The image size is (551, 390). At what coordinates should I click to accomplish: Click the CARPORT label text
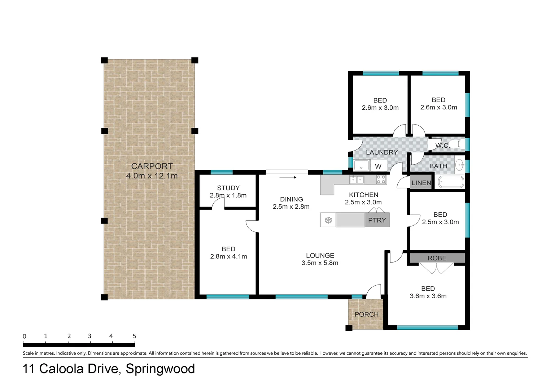[x=152, y=166]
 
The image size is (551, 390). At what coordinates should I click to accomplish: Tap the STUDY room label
[x=228, y=188]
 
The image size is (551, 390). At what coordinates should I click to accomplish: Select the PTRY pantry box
[x=377, y=220]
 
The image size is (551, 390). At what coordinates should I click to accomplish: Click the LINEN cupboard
[x=421, y=183]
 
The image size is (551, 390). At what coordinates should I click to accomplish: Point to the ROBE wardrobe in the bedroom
[x=437, y=258]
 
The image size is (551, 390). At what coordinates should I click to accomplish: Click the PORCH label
[x=366, y=314]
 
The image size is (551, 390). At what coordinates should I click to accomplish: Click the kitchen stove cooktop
[x=381, y=179]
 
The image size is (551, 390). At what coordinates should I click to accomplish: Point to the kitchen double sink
[x=357, y=179]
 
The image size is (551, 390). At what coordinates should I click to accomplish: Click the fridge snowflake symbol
[x=328, y=220]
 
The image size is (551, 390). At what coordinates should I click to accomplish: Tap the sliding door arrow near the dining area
[x=288, y=177]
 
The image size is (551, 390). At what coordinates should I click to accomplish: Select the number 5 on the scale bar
[x=134, y=336]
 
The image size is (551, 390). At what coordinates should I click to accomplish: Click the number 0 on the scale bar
[x=25, y=337]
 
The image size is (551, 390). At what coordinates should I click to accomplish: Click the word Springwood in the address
[x=160, y=369]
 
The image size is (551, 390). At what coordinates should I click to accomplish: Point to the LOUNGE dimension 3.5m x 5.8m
[x=320, y=263]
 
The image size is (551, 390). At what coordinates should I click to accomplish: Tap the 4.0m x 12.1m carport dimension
[x=152, y=176]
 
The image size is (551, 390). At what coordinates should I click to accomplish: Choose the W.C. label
[x=442, y=146]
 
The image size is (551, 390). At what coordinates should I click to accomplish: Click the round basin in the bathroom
[x=459, y=165]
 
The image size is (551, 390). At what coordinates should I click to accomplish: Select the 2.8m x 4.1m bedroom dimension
[x=228, y=256]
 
